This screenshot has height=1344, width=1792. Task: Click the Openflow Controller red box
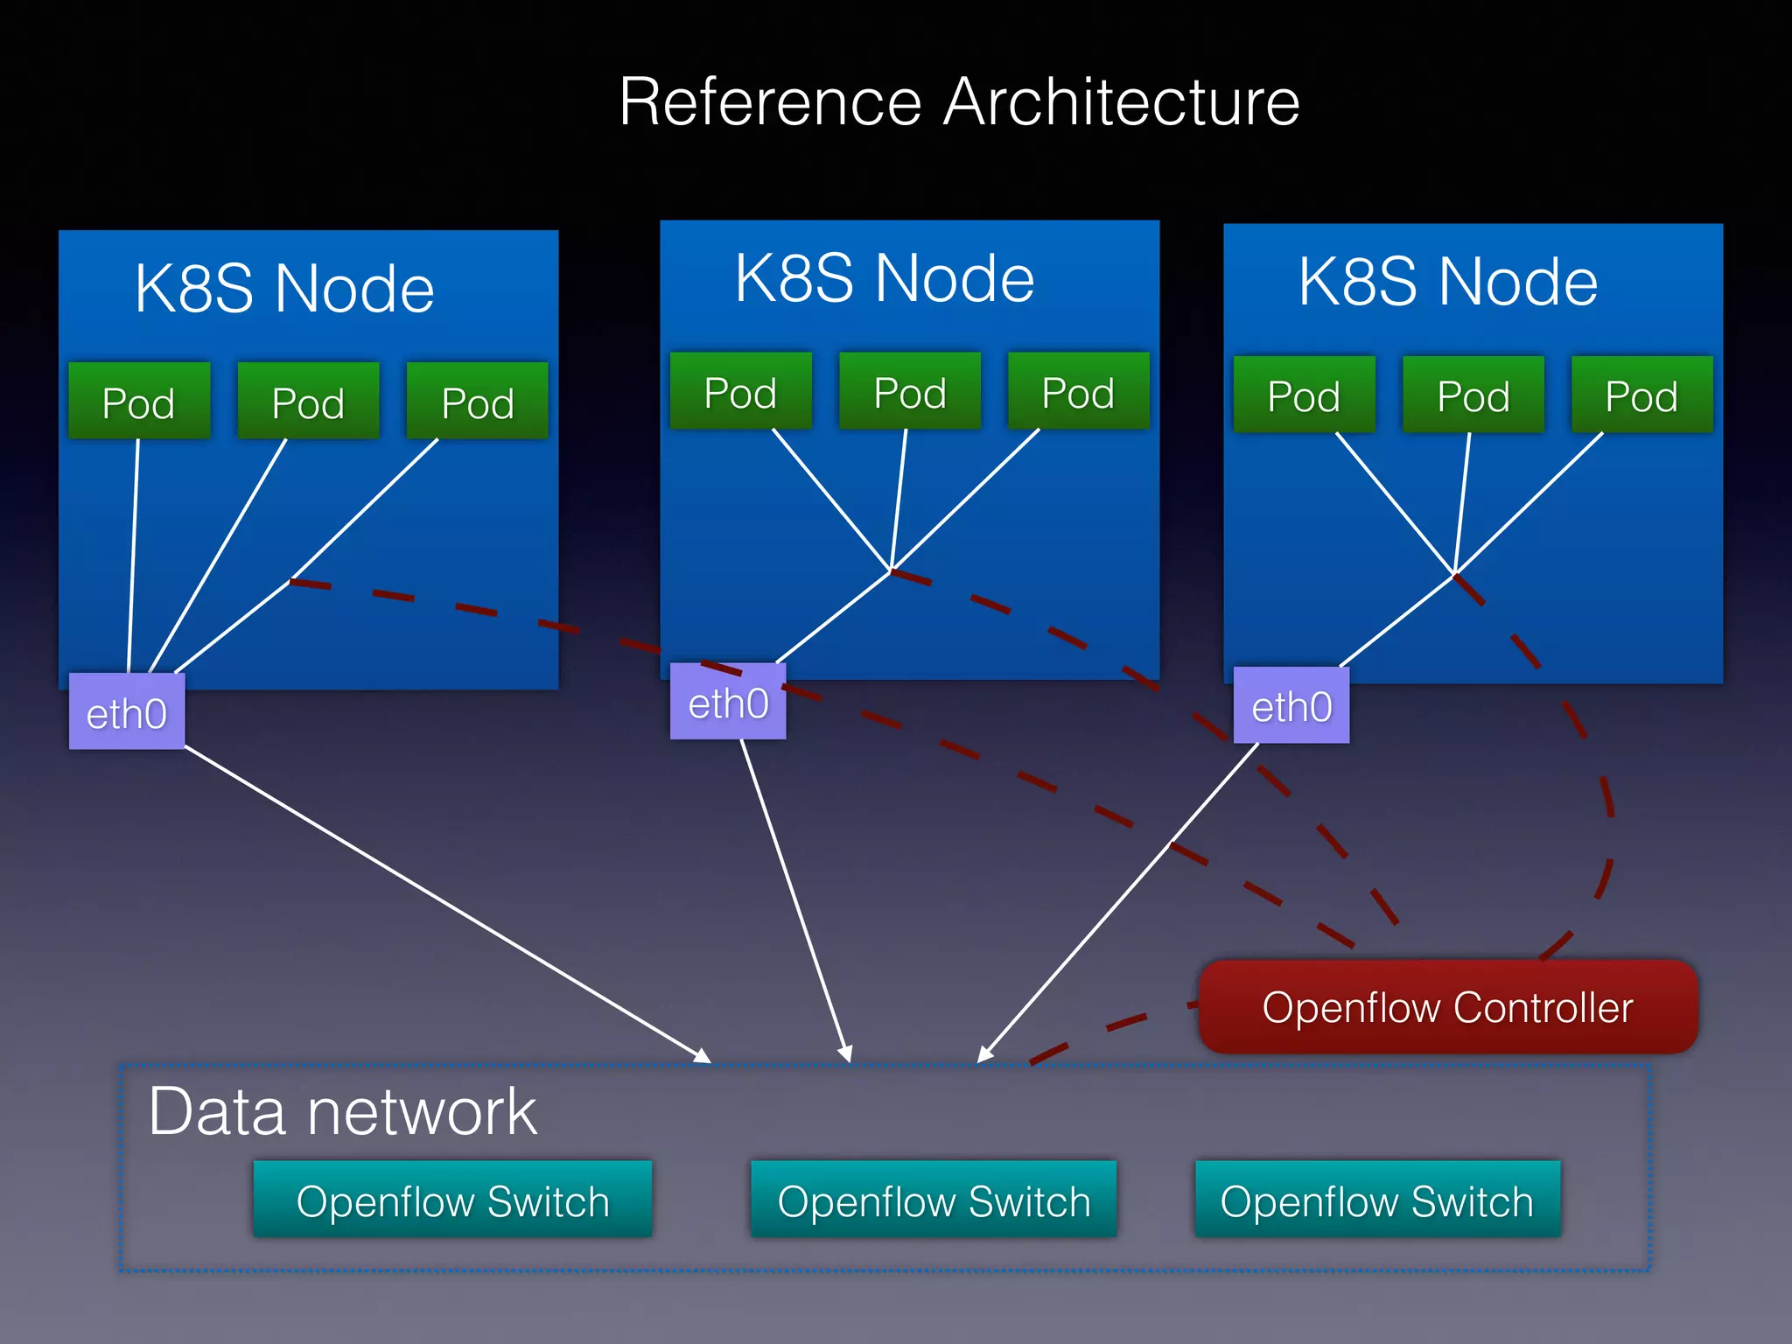pos(1448,1007)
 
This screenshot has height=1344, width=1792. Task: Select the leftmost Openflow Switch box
pos(452,1200)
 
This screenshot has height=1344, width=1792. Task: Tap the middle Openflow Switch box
pos(934,1200)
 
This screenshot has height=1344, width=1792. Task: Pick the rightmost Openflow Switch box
pos(1377,1200)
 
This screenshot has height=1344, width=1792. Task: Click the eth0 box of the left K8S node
pos(127,712)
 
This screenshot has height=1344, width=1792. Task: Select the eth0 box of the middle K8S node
pos(728,702)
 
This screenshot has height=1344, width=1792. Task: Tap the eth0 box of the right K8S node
pos(1291,705)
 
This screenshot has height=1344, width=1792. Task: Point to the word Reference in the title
pos(770,102)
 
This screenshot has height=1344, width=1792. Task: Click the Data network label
pos(342,1111)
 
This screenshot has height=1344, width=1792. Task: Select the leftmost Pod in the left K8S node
pos(139,402)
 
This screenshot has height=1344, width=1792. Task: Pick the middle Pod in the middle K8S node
pos(910,391)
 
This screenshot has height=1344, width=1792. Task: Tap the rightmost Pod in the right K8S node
pos(1641,395)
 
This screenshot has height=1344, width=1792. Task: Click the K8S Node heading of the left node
pos(284,288)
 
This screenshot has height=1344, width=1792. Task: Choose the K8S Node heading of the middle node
pos(885,277)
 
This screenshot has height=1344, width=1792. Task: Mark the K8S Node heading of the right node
pos(1448,282)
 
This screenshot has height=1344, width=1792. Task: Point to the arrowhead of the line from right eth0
pos(984,1055)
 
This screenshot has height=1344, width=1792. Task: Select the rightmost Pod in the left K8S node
pos(477,402)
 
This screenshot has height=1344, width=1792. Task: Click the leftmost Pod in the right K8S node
pos(1304,395)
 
